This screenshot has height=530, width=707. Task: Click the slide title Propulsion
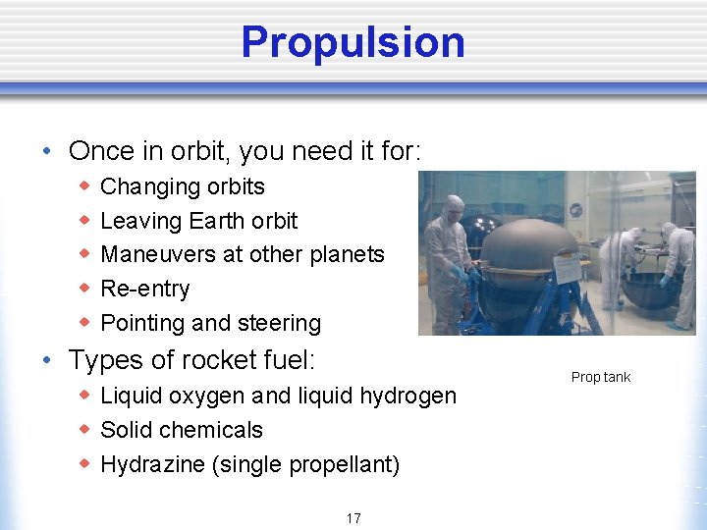pyautogui.click(x=353, y=42)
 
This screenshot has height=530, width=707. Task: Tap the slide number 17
pyautogui.click(x=353, y=518)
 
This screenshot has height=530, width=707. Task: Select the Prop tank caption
pyautogui.click(x=601, y=377)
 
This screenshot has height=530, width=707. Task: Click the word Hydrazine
pyautogui.click(x=152, y=464)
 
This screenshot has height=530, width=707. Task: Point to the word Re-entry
pyautogui.click(x=145, y=289)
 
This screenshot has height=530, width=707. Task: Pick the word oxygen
pyautogui.click(x=207, y=397)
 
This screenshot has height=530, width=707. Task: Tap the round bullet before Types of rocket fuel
pyautogui.click(x=48, y=361)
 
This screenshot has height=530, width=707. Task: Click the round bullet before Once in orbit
pyautogui.click(x=48, y=152)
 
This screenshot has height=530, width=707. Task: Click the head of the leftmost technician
pyautogui.click(x=454, y=207)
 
